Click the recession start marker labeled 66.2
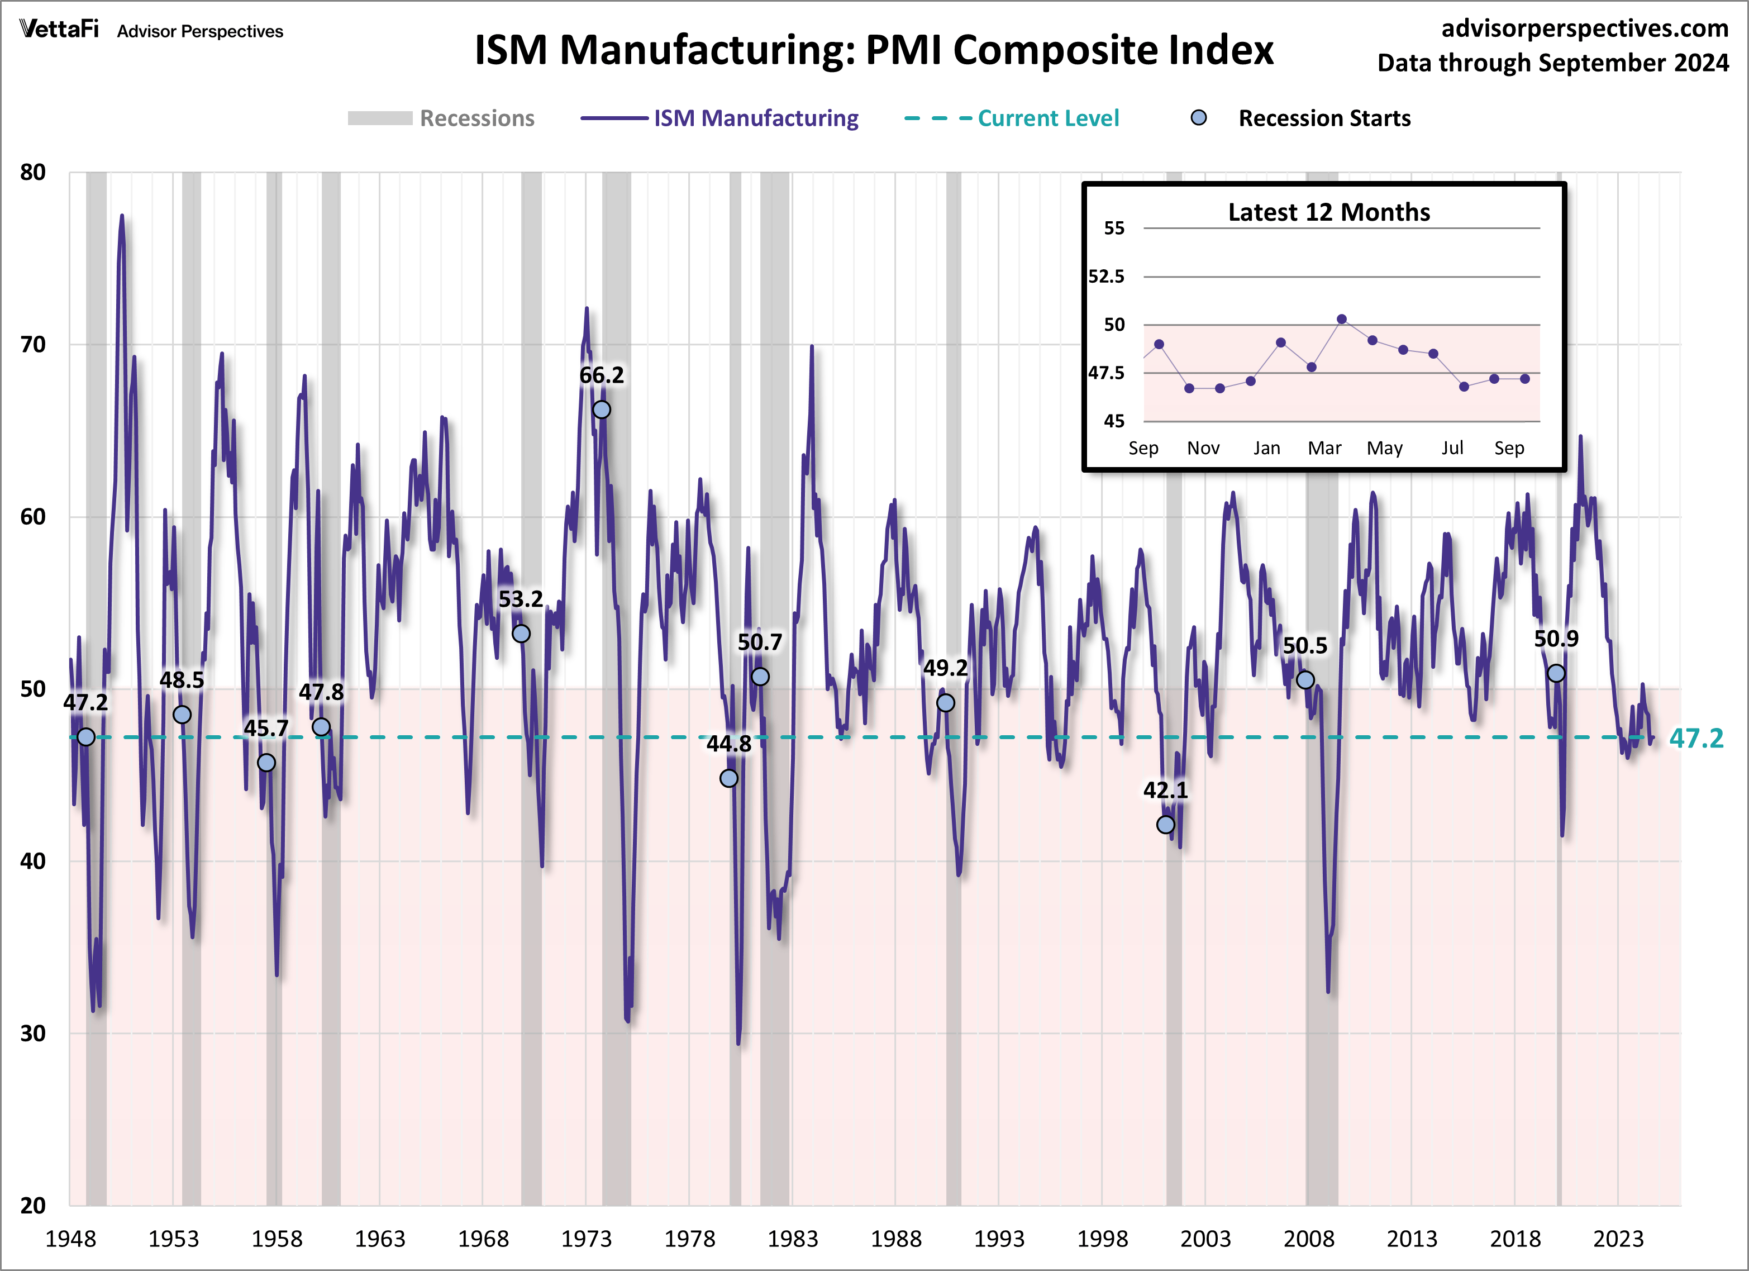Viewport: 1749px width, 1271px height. [x=601, y=410]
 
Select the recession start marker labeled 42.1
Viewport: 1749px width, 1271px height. [x=1165, y=825]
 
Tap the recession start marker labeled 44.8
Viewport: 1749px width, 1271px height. [x=729, y=778]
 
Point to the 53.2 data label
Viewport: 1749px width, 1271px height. [x=521, y=599]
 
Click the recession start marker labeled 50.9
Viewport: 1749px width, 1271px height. [x=1556, y=673]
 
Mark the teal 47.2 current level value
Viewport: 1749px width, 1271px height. [x=1696, y=738]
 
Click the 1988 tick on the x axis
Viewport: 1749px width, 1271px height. [x=895, y=1239]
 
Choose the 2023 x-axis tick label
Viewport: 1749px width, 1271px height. [x=1618, y=1239]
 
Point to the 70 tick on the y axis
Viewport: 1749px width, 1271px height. [x=33, y=345]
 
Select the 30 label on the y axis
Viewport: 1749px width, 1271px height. [x=33, y=1034]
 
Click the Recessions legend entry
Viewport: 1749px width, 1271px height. [x=476, y=118]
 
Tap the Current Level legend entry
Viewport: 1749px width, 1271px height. [x=1048, y=118]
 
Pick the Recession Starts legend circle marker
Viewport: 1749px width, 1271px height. [x=1198, y=118]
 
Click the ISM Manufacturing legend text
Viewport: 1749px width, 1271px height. [x=756, y=118]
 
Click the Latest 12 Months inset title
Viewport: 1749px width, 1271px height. [x=1329, y=212]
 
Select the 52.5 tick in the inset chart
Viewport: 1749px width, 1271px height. [x=1106, y=276]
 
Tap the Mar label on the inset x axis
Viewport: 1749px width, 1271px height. [x=1324, y=448]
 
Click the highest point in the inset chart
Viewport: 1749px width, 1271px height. [x=1342, y=318]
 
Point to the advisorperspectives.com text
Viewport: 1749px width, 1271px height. [x=1584, y=28]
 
